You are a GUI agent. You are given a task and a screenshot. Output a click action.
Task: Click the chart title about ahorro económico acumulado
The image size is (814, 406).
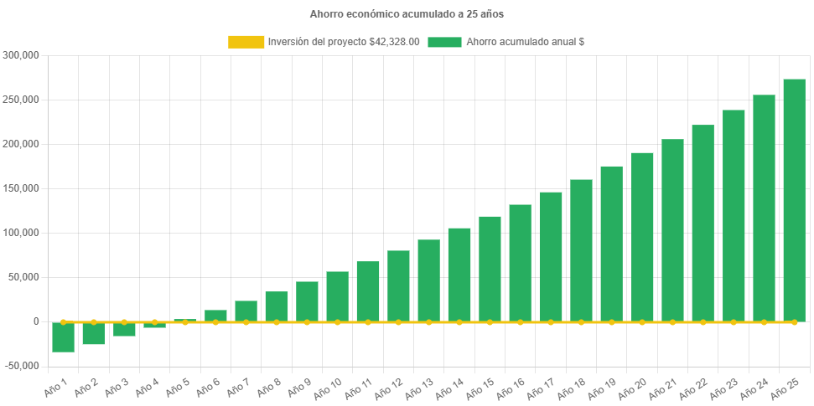(407, 14)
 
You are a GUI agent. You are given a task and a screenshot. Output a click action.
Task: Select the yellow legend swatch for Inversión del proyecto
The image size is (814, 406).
(245, 42)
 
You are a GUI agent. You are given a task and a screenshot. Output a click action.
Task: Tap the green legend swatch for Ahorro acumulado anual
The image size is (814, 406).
(444, 42)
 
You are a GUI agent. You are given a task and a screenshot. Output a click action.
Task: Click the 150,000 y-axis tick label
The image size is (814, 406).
(22, 188)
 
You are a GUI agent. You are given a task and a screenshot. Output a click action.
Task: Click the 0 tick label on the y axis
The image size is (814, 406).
(35, 321)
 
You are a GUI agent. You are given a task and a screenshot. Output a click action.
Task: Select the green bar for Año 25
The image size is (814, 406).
(794, 200)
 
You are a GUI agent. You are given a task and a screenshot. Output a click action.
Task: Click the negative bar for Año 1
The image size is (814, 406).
(63, 337)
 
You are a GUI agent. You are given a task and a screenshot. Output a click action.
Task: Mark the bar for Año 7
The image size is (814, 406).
(246, 311)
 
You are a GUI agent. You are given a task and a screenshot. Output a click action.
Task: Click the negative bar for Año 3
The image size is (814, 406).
(124, 329)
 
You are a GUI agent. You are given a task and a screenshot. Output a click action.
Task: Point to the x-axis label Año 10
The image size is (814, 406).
(328, 387)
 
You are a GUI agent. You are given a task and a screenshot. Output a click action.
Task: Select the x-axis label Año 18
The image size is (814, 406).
(572, 387)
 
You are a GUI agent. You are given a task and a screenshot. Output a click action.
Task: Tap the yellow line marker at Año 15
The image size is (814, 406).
(490, 321)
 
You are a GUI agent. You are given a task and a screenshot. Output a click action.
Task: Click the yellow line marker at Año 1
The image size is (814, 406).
(63, 321)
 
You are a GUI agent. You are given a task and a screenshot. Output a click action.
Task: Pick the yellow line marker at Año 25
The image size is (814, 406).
(794, 321)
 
